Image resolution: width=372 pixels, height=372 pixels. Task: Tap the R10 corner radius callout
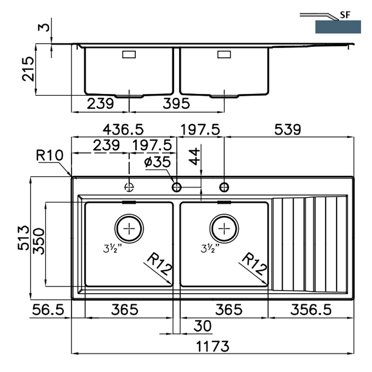tap(49, 155)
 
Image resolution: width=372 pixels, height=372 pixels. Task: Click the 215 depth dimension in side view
tap(28, 69)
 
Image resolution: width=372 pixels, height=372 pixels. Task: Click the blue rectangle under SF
tap(338, 27)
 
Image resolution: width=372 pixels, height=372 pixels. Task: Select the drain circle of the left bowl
tap(129, 228)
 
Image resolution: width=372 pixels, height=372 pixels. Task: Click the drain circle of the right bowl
tap(224, 228)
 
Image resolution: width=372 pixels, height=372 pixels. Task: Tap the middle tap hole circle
tap(177, 187)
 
